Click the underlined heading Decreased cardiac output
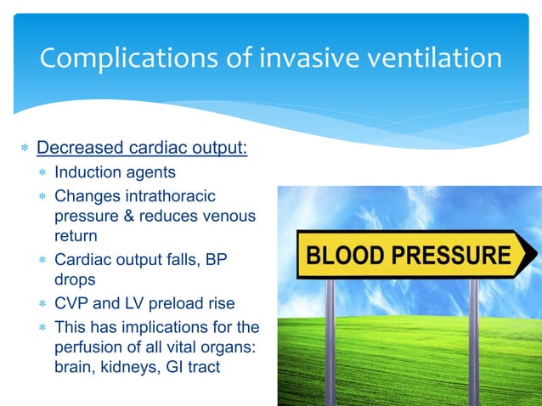[142, 148]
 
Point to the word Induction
[86, 172]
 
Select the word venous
[229, 216]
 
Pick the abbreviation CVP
[71, 304]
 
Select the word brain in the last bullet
[73, 369]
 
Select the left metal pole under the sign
[330, 340]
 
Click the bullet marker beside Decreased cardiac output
[25, 149]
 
